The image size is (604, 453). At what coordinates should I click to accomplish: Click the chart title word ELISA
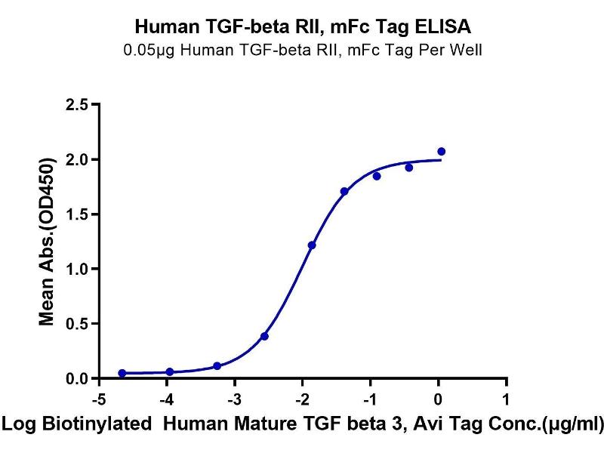pyautogui.click(x=444, y=28)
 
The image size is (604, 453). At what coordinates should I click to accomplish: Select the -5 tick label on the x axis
pyautogui.click(x=97, y=399)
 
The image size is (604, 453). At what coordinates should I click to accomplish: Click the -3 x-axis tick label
pyautogui.click(x=233, y=399)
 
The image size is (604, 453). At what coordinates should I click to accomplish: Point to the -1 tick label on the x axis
pyautogui.click(x=369, y=399)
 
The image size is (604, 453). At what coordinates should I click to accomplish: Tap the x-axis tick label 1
pyautogui.click(x=506, y=399)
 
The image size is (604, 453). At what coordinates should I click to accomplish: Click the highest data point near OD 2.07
pyautogui.click(x=441, y=152)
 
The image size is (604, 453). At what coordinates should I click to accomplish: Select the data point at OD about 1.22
pyautogui.click(x=312, y=245)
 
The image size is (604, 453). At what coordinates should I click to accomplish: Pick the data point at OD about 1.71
pyautogui.click(x=344, y=192)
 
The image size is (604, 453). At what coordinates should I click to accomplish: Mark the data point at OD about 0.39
pyautogui.click(x=264, y=336)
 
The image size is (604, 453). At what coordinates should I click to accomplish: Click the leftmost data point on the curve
pyautogui.click(x=122, y=373)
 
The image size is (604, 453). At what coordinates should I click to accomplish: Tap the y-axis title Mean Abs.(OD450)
pyautogui.click(x=49, y=242)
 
